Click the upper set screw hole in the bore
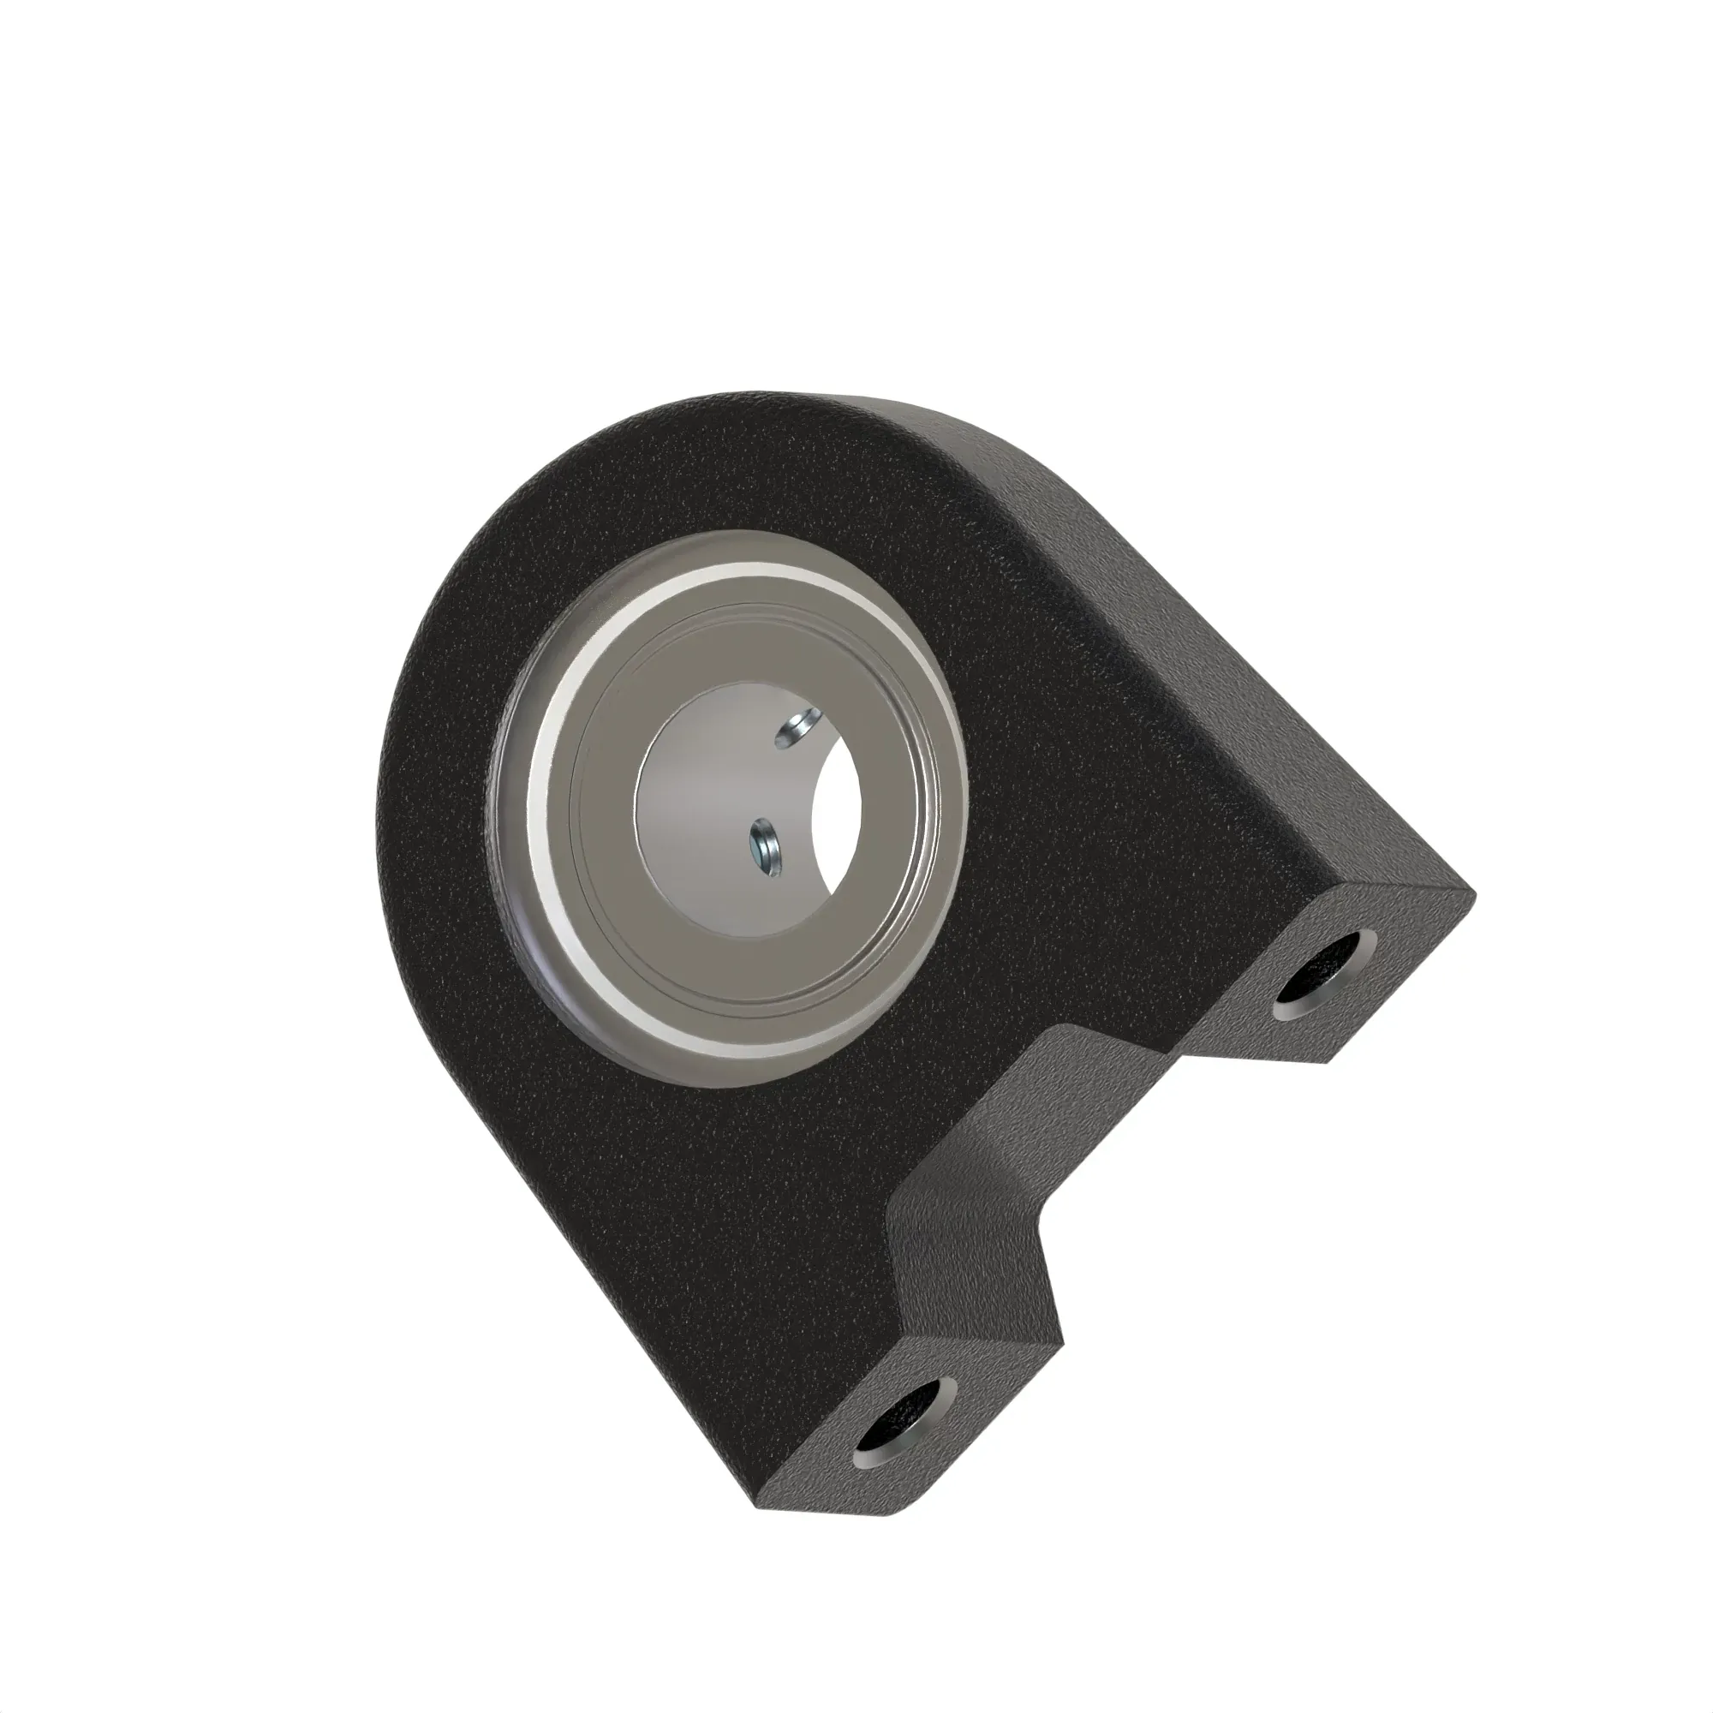[796, 729]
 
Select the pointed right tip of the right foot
[1471, 896]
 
